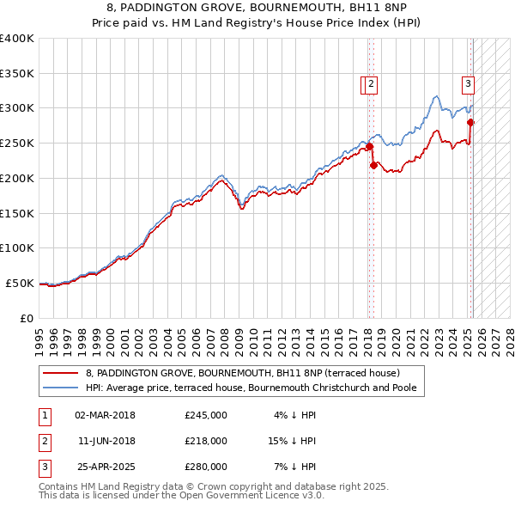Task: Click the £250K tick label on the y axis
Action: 17,143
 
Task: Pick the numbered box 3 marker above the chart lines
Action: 468,84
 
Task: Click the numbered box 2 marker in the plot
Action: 371,84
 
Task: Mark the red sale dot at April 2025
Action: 470,122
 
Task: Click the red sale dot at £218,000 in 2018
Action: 373,165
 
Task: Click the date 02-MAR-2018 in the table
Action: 105,415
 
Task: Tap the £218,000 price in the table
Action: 206,441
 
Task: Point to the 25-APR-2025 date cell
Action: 105,467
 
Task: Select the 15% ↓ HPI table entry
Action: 292,441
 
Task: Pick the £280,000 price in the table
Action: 206,467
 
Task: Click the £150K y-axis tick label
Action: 17,212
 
